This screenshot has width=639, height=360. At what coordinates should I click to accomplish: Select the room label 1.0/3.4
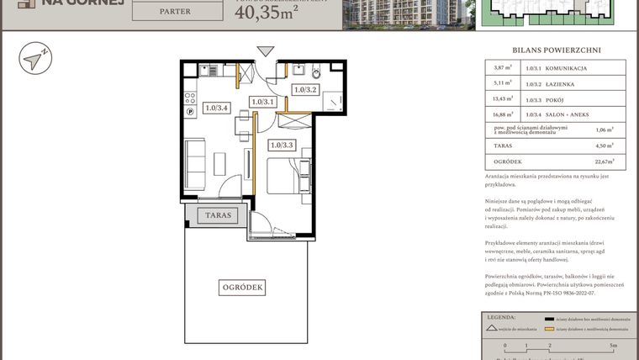pyautogui.click(x=217, y=108)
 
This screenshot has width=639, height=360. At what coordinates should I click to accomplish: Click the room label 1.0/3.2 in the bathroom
pyautogui.click(x=304, y=90)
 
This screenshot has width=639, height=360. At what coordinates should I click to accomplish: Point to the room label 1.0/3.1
pyautogui.click(x=263, y=102)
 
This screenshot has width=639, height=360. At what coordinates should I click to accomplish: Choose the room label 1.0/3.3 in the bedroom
pyautogui.click(x=282, y=145)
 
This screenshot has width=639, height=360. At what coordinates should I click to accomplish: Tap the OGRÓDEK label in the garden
pyautogui.click(x=243, y=288)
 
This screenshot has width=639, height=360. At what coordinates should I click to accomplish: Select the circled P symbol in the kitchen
pyautogui.click(x=190, y=109)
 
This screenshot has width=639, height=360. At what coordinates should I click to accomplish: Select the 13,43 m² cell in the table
pyautogui.click(x=503, y=99)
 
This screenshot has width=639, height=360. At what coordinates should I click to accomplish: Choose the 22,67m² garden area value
pyautogui.click(x=601, y=161)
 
